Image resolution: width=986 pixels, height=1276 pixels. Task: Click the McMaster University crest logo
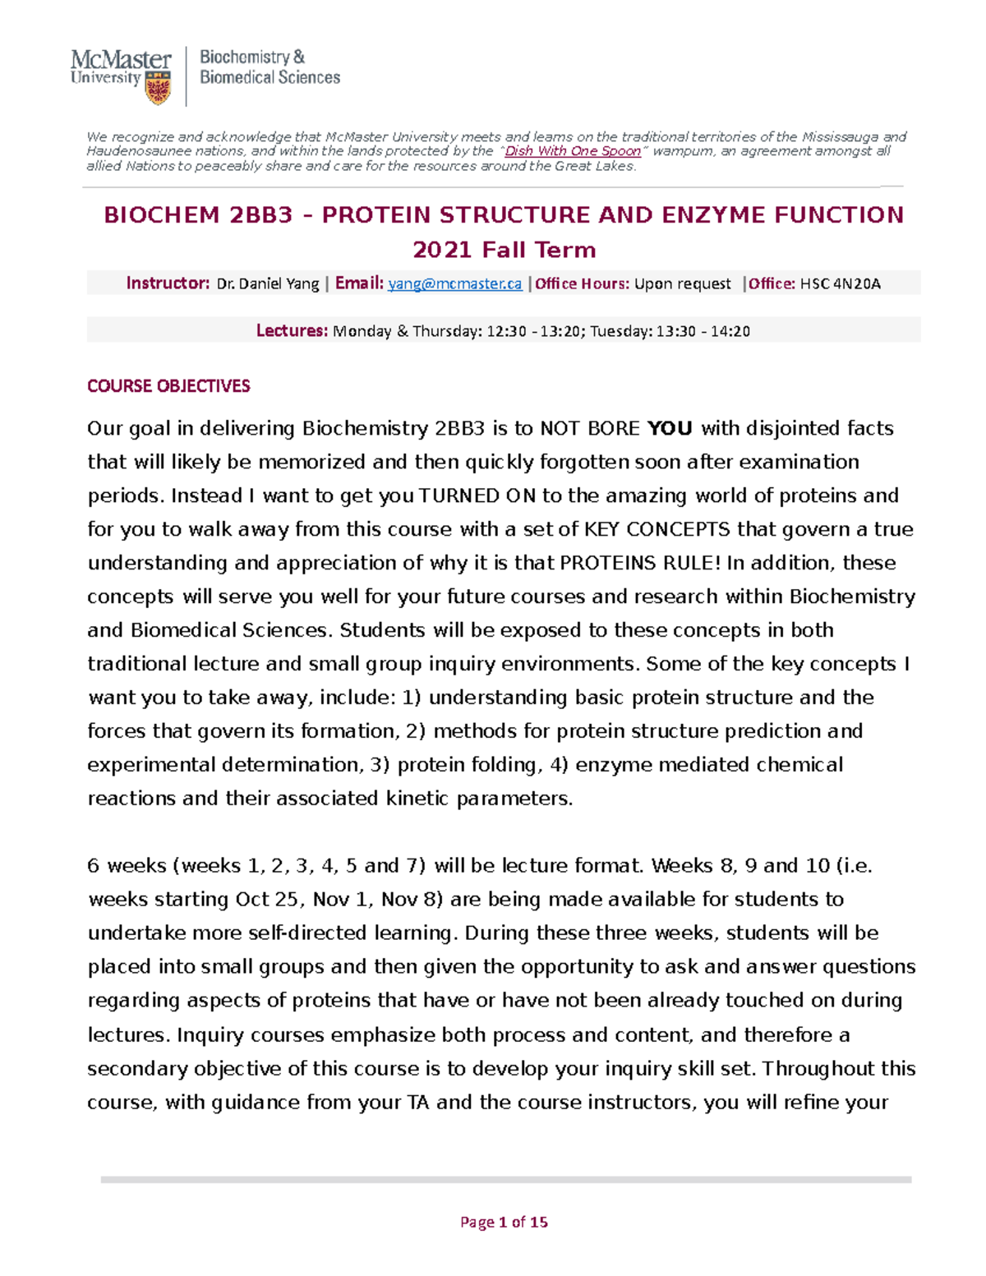[x=158, y=87]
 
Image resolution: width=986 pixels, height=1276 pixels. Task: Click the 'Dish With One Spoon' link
[x=572, y=151]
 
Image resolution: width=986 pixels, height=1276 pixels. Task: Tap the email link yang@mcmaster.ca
[x=454, y=283]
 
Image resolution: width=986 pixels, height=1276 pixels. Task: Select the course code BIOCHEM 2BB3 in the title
[x=198, y=215]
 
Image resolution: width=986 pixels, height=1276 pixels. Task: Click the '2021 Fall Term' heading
[x=504, y=250]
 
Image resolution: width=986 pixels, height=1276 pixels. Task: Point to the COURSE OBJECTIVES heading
[x=168, y=386]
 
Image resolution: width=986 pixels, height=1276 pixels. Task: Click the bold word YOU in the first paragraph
[x=670, y=428]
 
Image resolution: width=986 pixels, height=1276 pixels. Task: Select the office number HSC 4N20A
[x=840, y=283]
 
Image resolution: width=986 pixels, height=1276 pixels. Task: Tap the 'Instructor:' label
[x=168, y=283]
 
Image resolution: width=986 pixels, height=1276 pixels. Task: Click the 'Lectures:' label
[x=292, y=331]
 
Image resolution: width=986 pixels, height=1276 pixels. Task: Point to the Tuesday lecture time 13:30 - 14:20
[x=703, y=331]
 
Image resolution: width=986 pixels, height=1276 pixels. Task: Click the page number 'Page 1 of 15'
[x=504, y=1222]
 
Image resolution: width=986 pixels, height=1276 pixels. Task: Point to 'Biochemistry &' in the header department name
[x=252, y=57]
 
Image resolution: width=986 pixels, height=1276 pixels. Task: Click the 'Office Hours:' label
[x=583, y=283]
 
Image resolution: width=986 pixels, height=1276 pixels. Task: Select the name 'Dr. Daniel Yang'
[x=267, y=283]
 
